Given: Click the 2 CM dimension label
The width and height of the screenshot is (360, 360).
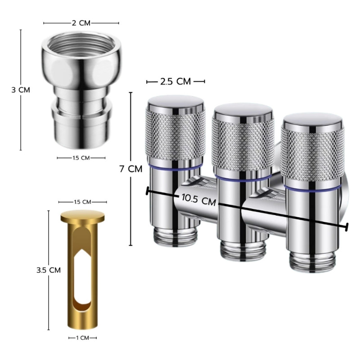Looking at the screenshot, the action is (x=81, y=23).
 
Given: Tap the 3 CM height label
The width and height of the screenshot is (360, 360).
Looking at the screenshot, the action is (x=21, y=90).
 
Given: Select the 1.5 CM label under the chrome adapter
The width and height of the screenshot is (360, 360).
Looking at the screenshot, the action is (x=81, y=158).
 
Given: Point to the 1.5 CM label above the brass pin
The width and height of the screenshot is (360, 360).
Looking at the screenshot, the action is (x=83, y=202).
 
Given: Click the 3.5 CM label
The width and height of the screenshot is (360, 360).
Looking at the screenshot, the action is (x=49, y=270).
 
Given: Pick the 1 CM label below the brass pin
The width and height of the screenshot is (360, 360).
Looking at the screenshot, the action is (x=83, y=338).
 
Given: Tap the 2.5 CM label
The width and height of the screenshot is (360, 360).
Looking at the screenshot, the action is (x=175, y=81).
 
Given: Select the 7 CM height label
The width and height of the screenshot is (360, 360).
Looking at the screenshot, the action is (x=131, y=169).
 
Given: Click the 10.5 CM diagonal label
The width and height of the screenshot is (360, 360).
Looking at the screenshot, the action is (x=199, y=199).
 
